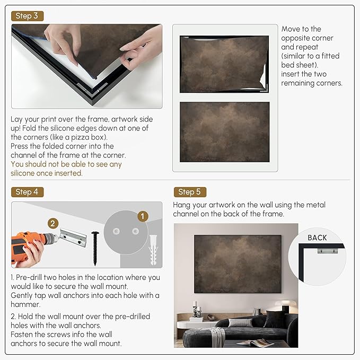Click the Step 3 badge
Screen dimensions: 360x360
(27, 16)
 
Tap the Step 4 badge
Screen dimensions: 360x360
(27, 192)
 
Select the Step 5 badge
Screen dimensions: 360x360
(190, 192)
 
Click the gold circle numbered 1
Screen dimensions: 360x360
(143, 216)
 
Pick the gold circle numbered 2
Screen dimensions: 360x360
(53, 223)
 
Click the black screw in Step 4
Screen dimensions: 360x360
(95, 249)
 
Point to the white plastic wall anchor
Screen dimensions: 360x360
(153, 250)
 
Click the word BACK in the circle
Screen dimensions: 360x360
(317, 238)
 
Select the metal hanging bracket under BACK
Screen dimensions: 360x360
(328, 250)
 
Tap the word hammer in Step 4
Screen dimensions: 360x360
(25, 304)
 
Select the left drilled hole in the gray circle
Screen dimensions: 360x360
(116, 231)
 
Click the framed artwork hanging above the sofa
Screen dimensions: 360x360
(238, 264)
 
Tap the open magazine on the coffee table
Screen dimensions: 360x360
(255, 343)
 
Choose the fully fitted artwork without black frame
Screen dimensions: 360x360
(225, 132)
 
